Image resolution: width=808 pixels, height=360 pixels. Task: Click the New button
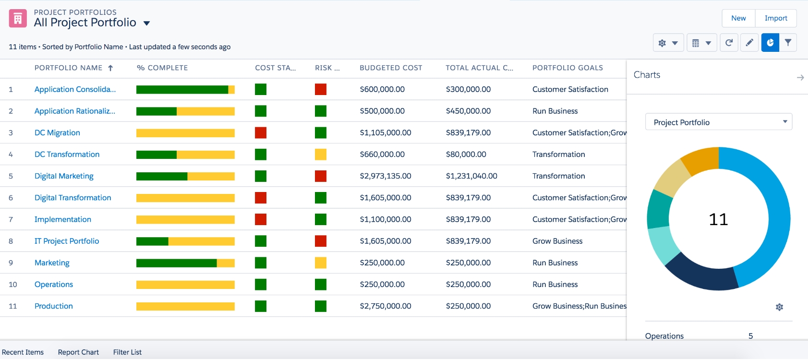(738, 18)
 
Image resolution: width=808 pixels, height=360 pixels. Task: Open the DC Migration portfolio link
(57, 133)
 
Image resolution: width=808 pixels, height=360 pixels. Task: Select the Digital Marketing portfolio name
(64, 176)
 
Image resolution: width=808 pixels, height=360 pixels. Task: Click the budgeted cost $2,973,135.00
(385, 176)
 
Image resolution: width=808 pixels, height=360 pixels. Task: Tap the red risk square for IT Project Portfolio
(321, 241)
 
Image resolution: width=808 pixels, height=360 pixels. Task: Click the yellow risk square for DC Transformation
(321, 155)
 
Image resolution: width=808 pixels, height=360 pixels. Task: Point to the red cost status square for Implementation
(260, 219)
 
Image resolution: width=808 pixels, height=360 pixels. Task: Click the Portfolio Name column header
(69, 68)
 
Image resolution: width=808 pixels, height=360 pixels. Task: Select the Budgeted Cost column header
(391, 68)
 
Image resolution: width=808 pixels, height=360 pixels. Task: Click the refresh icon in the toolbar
(729, 43)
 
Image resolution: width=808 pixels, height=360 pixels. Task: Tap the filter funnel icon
(788, 43)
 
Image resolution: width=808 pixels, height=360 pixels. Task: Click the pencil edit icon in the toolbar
(749, 43)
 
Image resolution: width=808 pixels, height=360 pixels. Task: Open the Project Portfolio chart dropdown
(719, 122)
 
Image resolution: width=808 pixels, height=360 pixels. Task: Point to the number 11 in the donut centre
(719, 219)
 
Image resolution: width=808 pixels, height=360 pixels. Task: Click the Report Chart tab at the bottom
(78, 352)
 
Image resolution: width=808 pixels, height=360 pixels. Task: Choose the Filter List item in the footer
(127, 352)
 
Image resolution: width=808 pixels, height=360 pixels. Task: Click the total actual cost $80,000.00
(466, 155)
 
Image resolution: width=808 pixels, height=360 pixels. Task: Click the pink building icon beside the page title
(18, 18)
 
